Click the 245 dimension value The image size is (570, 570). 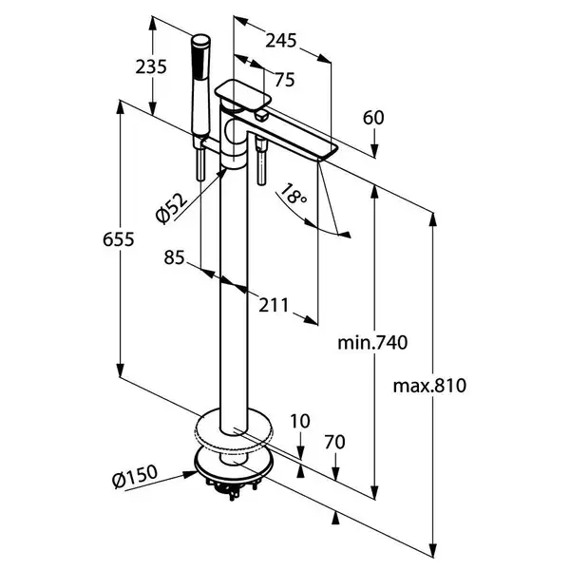click(x=280, y=40)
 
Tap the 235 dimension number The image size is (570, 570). click(x=151, y=66)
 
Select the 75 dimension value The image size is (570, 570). click(x=285, y=80)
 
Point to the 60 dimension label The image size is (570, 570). click(x=373, y=118)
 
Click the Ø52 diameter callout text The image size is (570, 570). click(x=171, y=208)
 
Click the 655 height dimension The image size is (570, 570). click(x=119, y=239)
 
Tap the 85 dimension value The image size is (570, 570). click(x=174, y=257)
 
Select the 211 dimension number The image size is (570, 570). click(x=274, y=305)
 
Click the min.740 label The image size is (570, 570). click(x=372, y=342)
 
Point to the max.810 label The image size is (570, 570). click(x=429, y=386)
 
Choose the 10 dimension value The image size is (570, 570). click(x=300, y=421)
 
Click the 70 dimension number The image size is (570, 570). click(x=334, y=442)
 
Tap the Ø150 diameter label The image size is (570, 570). click(x=135, y=476)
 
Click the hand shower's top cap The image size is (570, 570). click(x=201, y=40)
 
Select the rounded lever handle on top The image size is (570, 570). click(x=243, y=94)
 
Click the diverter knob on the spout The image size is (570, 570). click(x=261, y=117)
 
